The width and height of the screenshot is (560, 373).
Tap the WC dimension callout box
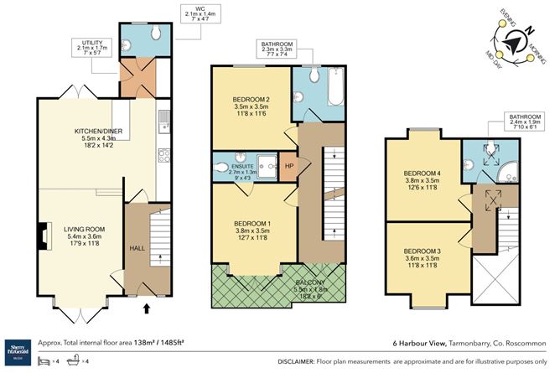pyautogui.click(x=200, y=14)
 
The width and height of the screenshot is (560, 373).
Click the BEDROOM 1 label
pyautogui.click(x=251, y=224)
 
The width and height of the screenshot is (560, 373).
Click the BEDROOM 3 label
pyautogui.click(x=423, y=251)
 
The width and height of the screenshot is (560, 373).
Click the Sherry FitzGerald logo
pyautogui.click(x=18, y=345)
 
